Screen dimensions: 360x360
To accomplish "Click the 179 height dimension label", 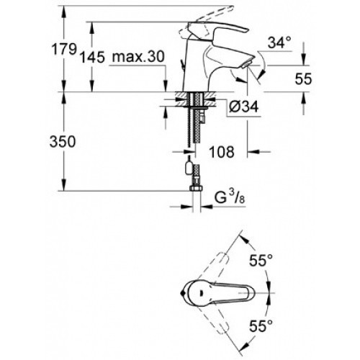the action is (x=64, y=50).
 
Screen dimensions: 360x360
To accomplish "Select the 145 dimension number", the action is (x=92, y=58).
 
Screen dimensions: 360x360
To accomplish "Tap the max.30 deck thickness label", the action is (x=138, y=57).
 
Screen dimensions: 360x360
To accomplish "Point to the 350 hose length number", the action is (x=63, y=141).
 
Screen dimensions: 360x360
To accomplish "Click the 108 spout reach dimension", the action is (x=222, y=152).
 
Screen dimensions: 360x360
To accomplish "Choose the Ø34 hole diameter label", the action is (x=243, y=107).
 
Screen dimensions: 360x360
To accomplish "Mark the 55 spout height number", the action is (x=303, y=78).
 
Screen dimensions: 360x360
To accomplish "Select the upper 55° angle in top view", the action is (x=261, y=260).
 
